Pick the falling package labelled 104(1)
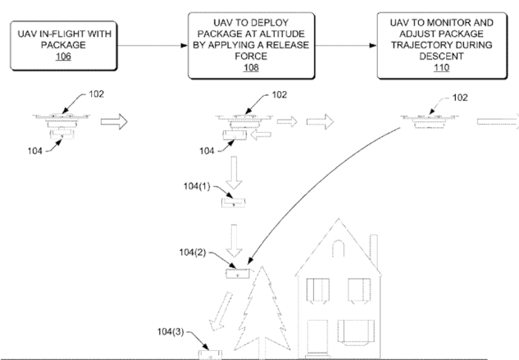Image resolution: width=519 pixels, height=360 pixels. coord(233,202)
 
